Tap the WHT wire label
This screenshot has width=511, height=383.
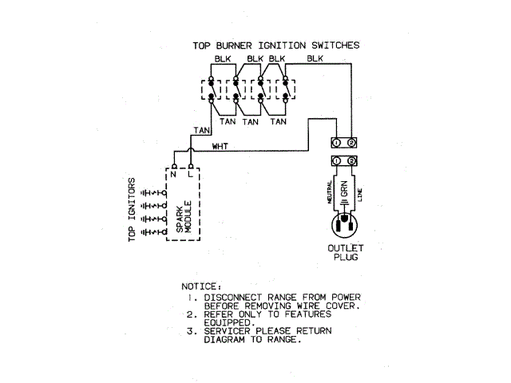pos(221,146)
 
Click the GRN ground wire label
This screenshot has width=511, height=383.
pos(343,192)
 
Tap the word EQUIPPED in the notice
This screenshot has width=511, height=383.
pos(230,322)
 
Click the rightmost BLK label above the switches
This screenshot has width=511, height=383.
pos(315,60)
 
